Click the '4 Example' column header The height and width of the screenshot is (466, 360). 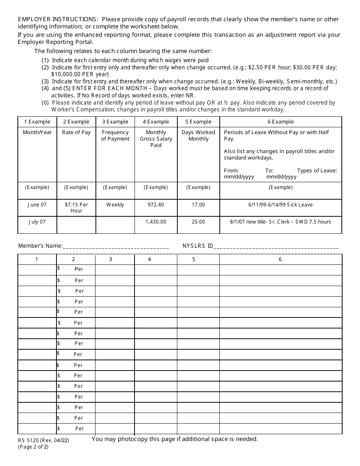pos(156,122)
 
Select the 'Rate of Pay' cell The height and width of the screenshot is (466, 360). pos(76,132)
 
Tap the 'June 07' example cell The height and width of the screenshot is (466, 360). pos(37,205)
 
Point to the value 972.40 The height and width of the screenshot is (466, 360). pos(156,205)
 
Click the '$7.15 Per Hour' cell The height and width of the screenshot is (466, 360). pos(76,208)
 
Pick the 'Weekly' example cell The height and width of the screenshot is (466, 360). pos(115,205)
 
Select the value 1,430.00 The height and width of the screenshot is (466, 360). pos(156,222)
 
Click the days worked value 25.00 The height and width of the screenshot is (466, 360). pos(198,222)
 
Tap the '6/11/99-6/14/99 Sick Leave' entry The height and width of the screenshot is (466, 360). pos(280,205)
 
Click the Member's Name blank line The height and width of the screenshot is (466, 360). pos(116,247)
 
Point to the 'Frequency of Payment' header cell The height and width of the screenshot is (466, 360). pos(115,136)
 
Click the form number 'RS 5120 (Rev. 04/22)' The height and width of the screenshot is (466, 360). pos(43,440)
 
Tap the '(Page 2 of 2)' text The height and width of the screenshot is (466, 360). pos(33,447)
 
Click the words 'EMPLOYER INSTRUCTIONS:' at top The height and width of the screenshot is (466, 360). pos(58,19)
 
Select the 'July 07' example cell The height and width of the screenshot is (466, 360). pos(37,222)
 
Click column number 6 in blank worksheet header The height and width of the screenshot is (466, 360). pos(280,260)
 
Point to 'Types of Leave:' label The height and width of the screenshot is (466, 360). pos(317,170)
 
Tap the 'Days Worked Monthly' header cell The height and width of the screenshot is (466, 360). pos(198,136)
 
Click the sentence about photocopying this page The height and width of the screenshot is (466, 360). pos(175,439)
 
